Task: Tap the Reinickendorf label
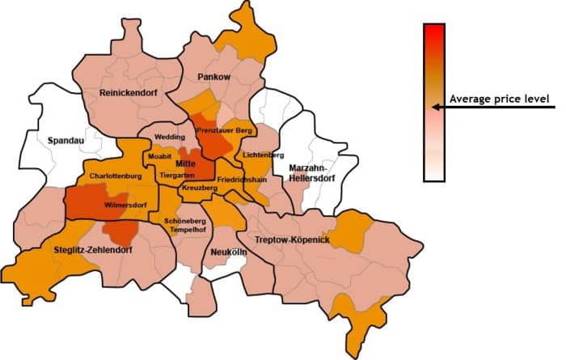point(127,93)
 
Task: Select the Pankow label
point(213,76)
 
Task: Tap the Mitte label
point(197,163)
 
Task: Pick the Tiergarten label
point(176,175)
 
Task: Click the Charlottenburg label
point(116,176)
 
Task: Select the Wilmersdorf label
point(126,205)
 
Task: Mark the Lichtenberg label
point(262,154)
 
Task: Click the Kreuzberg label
point(200,188)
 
